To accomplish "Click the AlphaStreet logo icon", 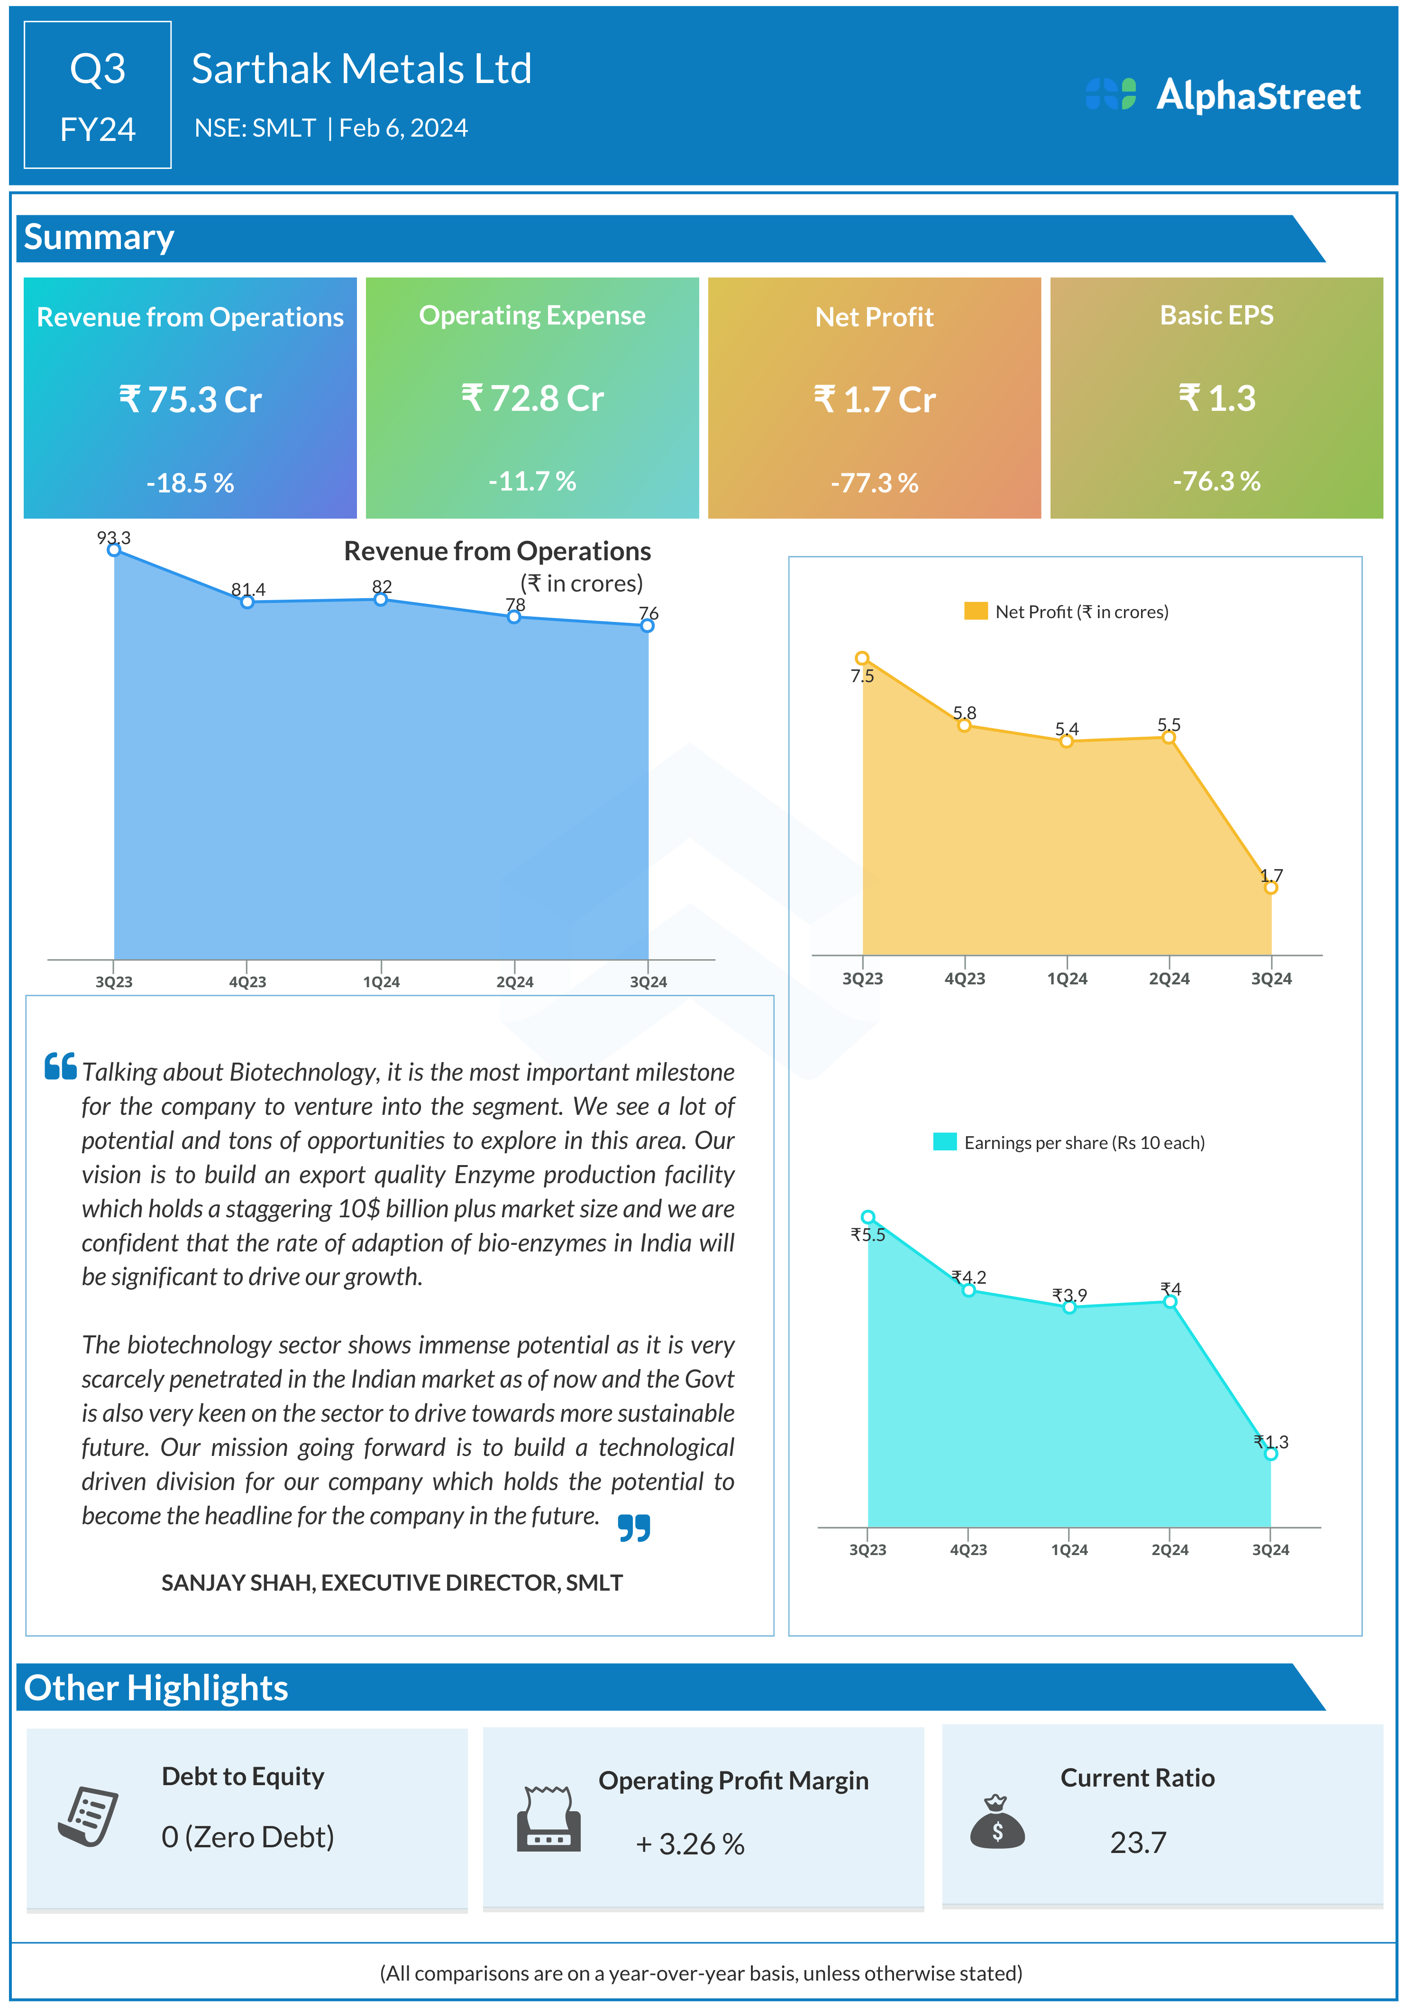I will tap(1110, 94).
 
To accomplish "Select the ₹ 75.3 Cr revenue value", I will tap(190, 400).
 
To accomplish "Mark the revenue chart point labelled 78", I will tap(514, 617).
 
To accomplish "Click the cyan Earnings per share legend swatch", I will tap(944, 1141).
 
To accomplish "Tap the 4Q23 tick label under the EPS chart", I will tap(968, 1549).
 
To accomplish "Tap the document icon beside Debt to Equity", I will tap(88, 1816).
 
